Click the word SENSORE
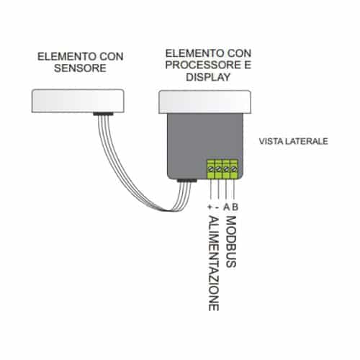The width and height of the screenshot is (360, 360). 80,68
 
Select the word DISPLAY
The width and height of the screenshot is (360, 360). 208,77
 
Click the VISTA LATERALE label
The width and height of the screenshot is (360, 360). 294,141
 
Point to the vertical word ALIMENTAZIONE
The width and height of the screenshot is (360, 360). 213,264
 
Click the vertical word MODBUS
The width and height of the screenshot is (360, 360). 231,242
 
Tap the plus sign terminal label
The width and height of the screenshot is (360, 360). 210,207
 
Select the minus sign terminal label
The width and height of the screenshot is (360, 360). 217,207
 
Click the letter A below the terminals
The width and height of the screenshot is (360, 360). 226,207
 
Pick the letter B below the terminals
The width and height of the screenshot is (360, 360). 235,207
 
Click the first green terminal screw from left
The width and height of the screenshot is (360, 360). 211,169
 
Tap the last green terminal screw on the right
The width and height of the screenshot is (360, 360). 234,169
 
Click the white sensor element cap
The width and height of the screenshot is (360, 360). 78,101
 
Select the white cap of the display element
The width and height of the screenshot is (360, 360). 205,102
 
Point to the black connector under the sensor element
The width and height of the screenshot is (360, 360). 103,114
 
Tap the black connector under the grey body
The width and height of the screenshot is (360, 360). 187,181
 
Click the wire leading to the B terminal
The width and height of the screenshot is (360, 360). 234,189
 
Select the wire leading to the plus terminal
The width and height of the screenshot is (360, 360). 210,189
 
